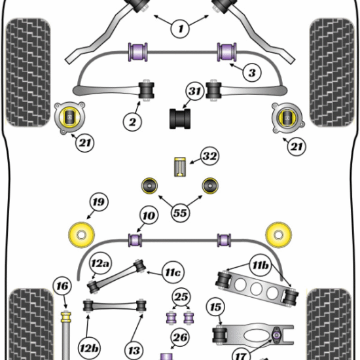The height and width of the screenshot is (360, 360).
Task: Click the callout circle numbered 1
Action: pyautogui.click(x=181, y=28)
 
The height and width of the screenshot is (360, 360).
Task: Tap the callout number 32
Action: pyautogui.click(x=209, y=158)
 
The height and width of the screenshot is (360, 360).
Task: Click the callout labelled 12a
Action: pyautogui.click(x=100, y=264)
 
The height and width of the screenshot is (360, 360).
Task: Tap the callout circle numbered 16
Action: pyautogui.click(x=62, y=285)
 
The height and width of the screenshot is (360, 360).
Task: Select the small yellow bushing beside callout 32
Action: pyautogui.click(x=180, y=167)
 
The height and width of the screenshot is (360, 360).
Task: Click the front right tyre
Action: pyautogui.click(x=333, y=72)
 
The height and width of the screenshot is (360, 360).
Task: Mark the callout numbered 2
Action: pyautogui.click(x=133, y=120)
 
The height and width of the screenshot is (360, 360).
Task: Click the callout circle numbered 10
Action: pyautogui.click(x=147, y=215)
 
